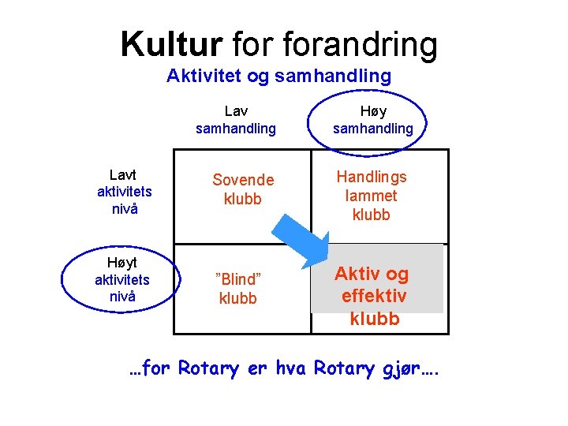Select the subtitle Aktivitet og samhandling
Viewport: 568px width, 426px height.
[x=278, y=77]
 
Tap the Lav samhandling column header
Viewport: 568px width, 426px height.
[x=236, y=119]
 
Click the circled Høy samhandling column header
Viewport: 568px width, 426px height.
[x=372, y=119]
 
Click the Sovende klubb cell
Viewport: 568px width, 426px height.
[x=243, y=189]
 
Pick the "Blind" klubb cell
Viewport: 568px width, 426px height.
[x=237, y=289]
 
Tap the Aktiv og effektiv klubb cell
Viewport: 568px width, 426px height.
[x=372, y=296]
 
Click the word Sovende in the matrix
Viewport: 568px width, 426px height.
[x=243, y=181]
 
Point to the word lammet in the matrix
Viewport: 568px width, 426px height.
[x=372, y=196]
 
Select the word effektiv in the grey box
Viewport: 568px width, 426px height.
[x=374, y=297]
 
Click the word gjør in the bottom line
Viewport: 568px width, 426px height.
[x=408, y=368]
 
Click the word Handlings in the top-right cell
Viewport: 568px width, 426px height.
[x=372, y=177]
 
